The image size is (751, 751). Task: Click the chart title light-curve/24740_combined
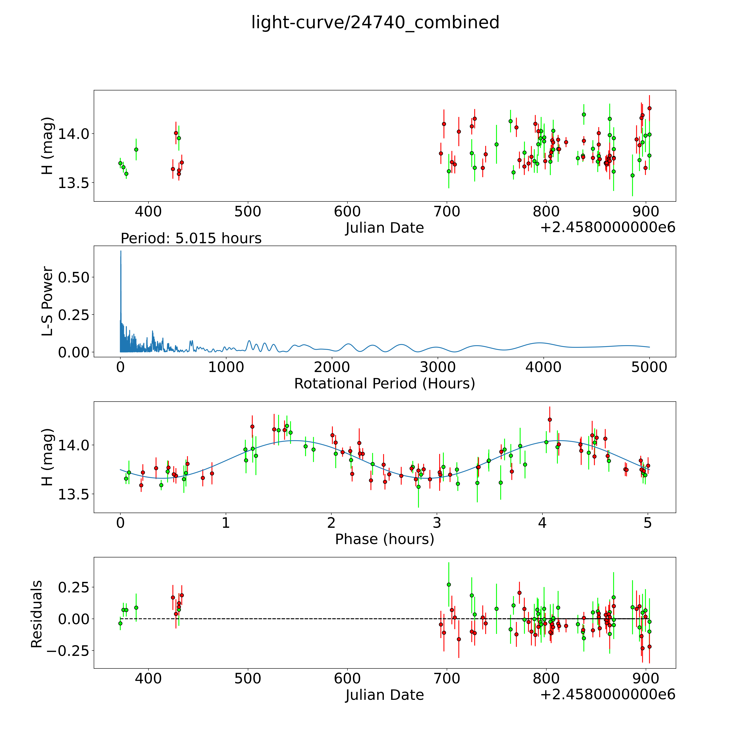[x=375, y=23]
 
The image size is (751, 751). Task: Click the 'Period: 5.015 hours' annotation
[x=191, y=238]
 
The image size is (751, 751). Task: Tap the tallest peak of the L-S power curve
[x=120, y=251]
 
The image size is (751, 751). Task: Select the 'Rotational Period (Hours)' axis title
[x=384, y=384]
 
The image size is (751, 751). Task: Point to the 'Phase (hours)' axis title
[x=384, y=539]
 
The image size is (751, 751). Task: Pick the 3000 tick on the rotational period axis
[x=438, y=367]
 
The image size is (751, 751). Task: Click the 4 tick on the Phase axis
[x=542, y=523]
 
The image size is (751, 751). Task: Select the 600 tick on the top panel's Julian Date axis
[x=347, y=212]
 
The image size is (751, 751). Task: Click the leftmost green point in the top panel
[x=120, y=163]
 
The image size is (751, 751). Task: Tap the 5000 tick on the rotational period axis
[x=649, y=367]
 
